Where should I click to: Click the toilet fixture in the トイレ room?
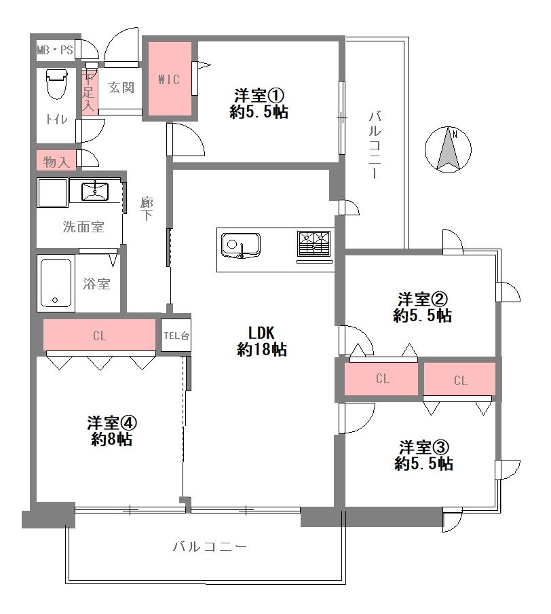(56, 84)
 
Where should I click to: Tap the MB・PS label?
(55, 50)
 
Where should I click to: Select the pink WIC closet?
(170, 79)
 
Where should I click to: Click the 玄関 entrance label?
(121, 88)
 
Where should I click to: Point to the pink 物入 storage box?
(56, 160)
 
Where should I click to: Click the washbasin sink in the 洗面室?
(95, 191)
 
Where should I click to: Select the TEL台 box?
(176, 336)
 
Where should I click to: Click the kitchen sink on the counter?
(241, 245)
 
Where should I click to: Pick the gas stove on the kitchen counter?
(314, 247)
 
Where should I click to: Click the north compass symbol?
(448, 149)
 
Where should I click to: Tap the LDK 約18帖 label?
(262, 341)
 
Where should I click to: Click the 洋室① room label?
(259, 104)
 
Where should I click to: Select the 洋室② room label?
(423, 308)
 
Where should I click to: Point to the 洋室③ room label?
(424, 456)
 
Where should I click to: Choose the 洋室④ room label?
(112, 431)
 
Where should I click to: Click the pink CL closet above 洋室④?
(99, 335)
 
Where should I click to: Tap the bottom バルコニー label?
(210, 547)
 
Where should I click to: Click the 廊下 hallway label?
(147, 209)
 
